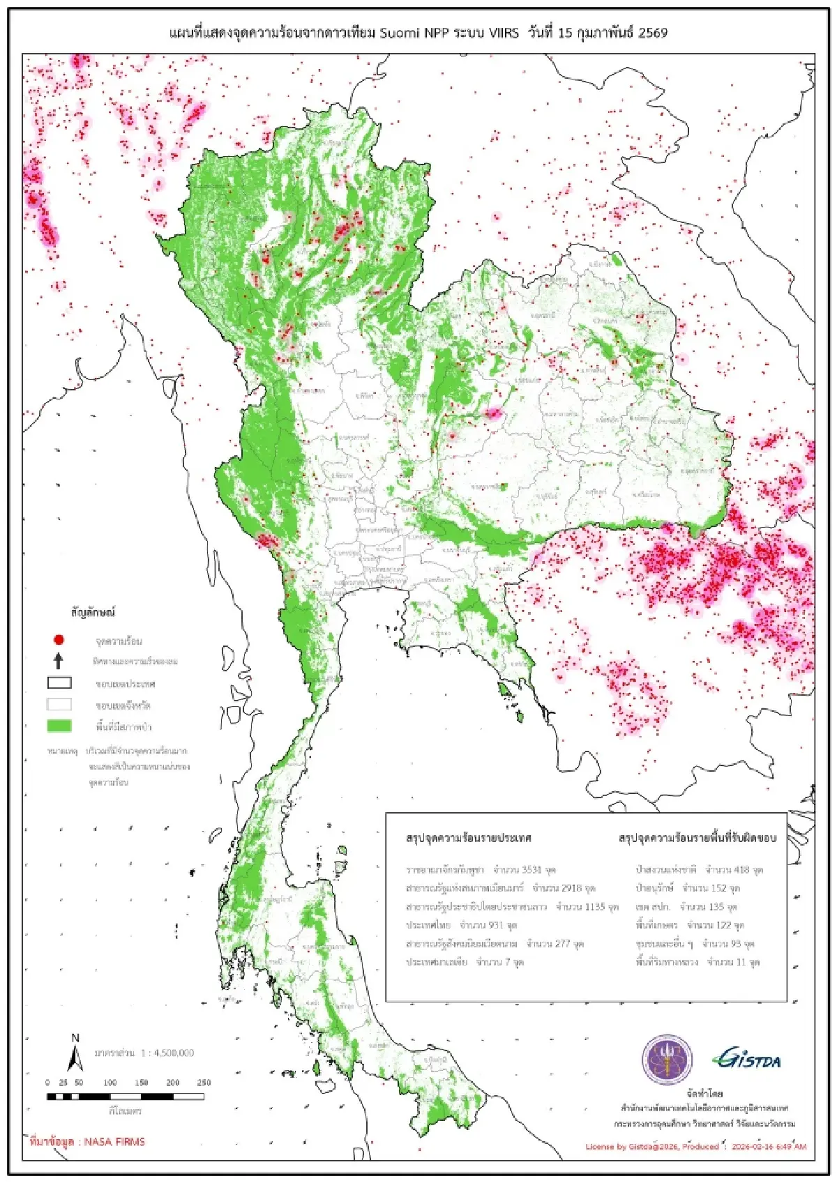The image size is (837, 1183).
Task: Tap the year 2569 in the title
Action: [652, 32]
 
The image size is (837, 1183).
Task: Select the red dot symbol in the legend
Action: [59, 639]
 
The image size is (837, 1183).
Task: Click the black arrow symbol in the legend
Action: [59, 661]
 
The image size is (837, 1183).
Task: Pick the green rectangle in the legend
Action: [59, 726]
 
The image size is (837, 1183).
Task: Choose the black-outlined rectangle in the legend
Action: [59, 683]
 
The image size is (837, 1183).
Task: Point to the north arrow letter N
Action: [75, 1038]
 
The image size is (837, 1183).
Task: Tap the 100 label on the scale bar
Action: [110, 1083]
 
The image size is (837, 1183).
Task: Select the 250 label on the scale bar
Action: [204, 1083]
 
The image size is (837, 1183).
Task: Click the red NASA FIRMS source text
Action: [87, 1142]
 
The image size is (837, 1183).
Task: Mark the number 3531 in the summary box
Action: [531, 870]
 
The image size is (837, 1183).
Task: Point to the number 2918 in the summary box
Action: [571, 888]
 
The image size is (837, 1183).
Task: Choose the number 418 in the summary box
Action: [741, 870]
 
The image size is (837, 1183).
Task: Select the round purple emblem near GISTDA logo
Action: [667, 1060]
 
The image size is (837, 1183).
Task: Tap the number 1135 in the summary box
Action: [594, 907]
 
